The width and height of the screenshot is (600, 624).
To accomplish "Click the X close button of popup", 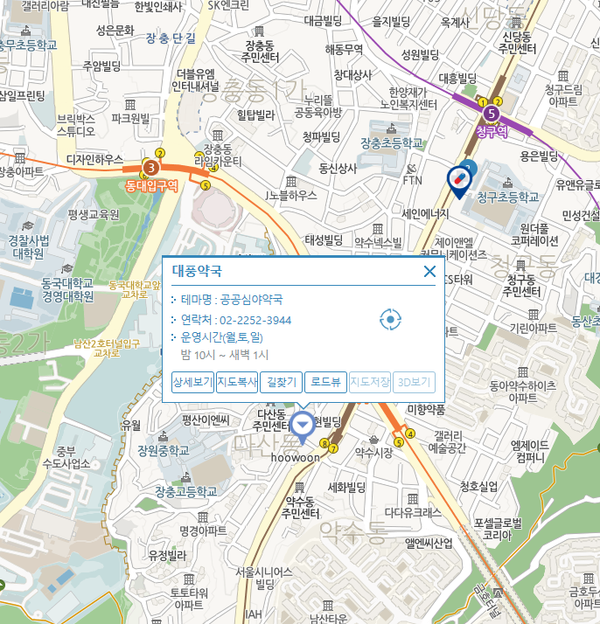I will [429, 271].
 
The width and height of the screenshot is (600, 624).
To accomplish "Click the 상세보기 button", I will [193, 382].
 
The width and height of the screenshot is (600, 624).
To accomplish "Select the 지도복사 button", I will [237, 382].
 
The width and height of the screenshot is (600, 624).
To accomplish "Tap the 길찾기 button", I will [282, 382].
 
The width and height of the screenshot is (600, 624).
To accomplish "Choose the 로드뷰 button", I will [325, 382].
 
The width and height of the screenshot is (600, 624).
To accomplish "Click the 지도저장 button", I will [369, 382].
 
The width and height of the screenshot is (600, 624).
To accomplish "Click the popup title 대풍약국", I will [197, 271].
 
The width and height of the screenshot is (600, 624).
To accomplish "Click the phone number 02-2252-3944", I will [255, 320].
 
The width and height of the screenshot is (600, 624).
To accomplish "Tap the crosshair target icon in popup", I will [390, 320].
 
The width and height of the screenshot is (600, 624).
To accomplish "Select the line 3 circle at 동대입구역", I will [152, 167].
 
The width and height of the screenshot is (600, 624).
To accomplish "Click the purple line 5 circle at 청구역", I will [492, 113].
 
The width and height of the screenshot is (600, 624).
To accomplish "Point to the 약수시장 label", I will [373, 452].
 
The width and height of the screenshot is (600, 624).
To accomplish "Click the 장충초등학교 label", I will [391, 142].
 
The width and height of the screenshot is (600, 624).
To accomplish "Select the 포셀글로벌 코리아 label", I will [497, 529].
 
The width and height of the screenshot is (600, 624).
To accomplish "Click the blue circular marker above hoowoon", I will [303, 426].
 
